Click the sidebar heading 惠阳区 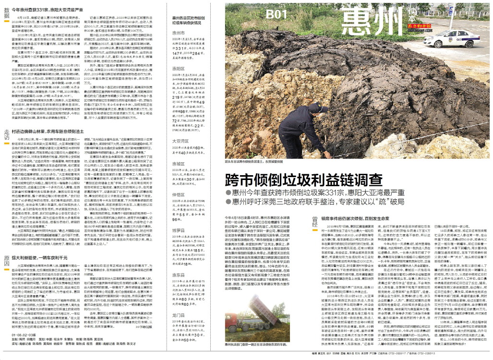coord(179,68)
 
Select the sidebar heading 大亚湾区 coord(180,142)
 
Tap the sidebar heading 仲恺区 coord(179,195)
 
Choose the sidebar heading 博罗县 coord(179,231)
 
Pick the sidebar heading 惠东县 coord(179,275)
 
